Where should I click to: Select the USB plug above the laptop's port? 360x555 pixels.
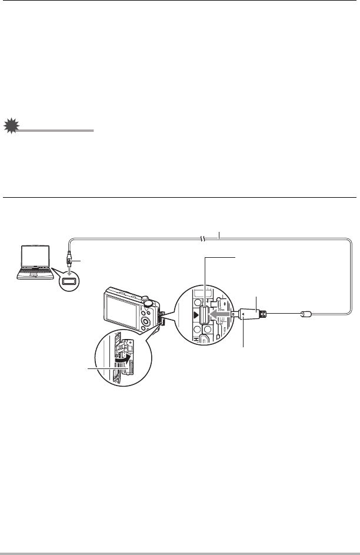(69, 259)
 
